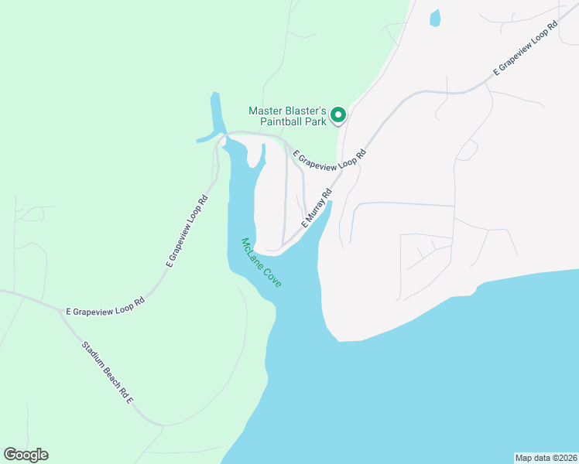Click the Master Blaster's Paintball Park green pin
tap(337, 115)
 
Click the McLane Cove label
tap(261, 263)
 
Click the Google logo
tap(26, 455)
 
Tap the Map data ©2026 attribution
tap(545, 457)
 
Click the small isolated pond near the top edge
tap(434, 18)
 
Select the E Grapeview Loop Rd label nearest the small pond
tap(526, 49)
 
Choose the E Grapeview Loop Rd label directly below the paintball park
tap(329, 156)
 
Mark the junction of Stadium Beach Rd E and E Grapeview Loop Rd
tap(63, 313)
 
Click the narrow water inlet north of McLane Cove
tap(215, 112)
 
